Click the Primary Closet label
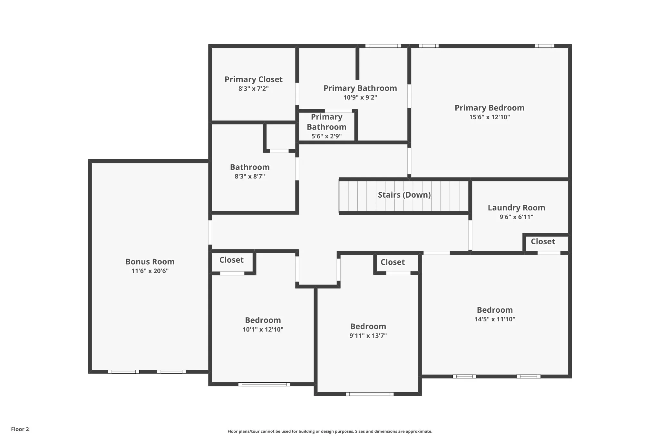tap(253, 79)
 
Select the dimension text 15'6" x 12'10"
tap(490, 117)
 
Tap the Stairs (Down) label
tap(404, 195)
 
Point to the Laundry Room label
tap(516, 208)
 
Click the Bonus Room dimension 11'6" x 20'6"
tap(150, 271)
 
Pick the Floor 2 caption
tap(20, 429)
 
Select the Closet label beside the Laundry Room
tap(543, 241)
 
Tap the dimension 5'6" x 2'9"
tap(326, 136)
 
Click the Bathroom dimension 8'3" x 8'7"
tap(250, 176)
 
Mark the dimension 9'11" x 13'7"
tap(368, 336)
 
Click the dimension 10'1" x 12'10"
tap(263, 329)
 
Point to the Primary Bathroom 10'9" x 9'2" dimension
tap(360, 97)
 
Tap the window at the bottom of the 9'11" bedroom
tap(370, 394)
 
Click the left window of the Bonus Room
tap(124, 372)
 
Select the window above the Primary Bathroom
tap(383, 46)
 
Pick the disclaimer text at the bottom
tap(330, 431)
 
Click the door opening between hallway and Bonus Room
tap(210, 232)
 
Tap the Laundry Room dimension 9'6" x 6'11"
tap(516, 217)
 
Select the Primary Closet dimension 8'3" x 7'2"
tap(253, 89)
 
